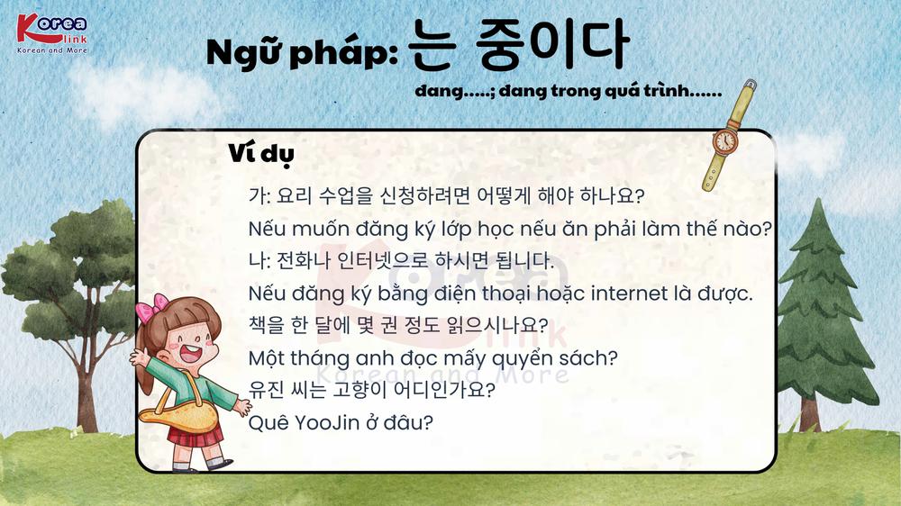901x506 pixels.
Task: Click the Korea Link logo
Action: (52, 33)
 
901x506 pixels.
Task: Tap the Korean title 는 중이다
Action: (519, 44)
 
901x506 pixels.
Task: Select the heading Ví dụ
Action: (261, 154)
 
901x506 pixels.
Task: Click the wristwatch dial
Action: (725, 140)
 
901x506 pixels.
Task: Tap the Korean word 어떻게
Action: (504, 196)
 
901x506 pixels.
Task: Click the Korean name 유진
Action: (266, 390)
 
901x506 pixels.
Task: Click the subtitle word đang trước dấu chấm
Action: (439, 91)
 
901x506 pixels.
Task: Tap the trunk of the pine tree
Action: (809, 413)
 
